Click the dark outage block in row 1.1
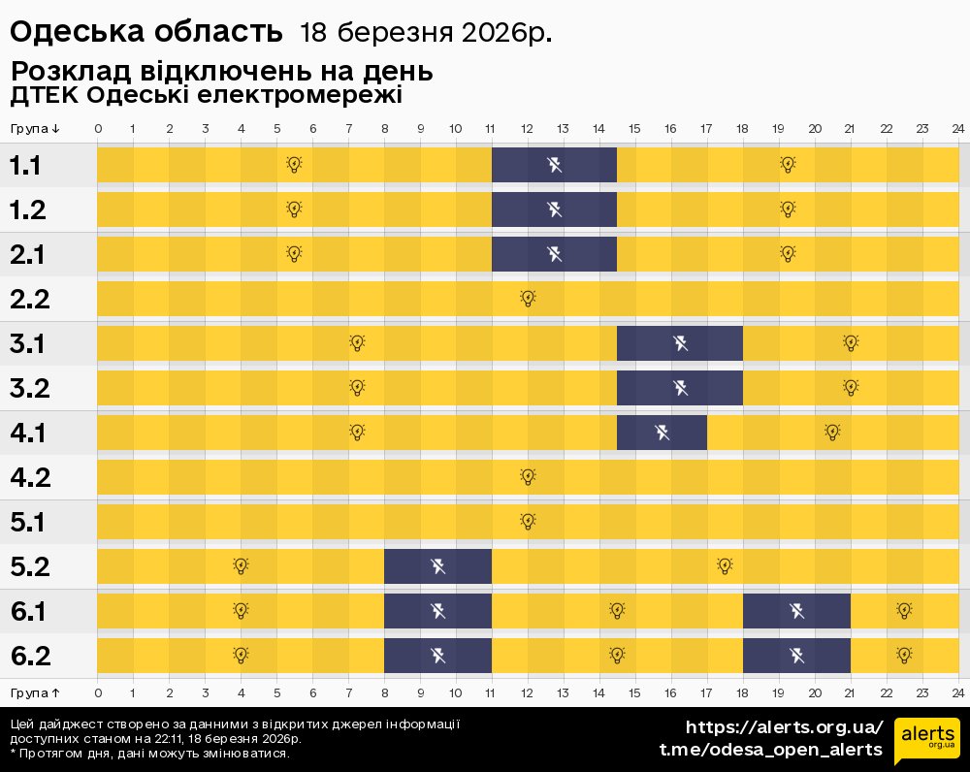point(554,165)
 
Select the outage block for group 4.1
point(662,432)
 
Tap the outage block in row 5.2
point(437,566)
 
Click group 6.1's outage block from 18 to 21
point(796,611)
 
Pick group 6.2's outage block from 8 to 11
point(437,656)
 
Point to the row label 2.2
point(30,299)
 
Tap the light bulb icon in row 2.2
point(528,298)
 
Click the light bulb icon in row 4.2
point(528,476)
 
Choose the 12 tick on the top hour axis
point(528,129)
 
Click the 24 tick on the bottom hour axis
point(956,692)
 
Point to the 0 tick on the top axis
point(98,129)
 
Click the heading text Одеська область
point(145,32)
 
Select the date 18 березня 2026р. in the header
point(426,33)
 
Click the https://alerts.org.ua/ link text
point(785,727)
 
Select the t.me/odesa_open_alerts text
point(771,750)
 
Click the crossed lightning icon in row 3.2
point(680,388)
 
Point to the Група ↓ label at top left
point(35,129)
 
